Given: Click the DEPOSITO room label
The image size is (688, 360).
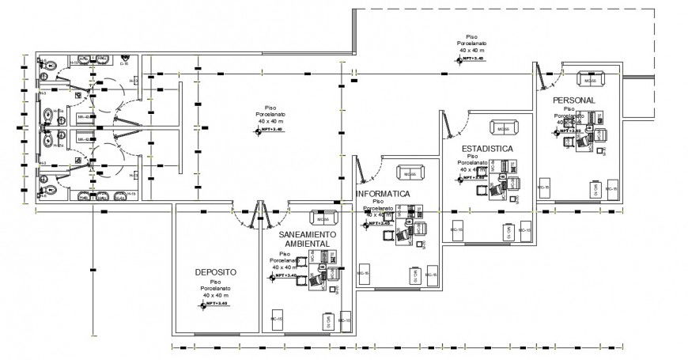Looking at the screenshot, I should coord(215,272).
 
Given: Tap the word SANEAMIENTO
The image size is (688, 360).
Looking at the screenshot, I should coord(308,235).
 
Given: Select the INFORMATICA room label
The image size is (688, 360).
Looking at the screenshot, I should coord(383,194).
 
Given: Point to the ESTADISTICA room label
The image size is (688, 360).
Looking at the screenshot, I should coord(488,149).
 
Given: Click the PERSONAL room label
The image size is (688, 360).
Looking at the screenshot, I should coord(573,100).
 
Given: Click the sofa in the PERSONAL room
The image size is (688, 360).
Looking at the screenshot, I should coord(590,80).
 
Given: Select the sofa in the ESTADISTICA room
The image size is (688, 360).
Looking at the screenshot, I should coord(503,127).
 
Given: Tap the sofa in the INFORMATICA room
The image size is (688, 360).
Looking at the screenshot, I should coord(409,174).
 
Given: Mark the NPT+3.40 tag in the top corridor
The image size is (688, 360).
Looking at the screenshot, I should coord(471,59).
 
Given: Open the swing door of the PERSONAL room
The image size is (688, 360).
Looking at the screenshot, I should coord(542,78).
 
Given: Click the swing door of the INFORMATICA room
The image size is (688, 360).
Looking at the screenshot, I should coord(362,169).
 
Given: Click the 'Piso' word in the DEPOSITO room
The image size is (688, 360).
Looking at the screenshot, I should coord(214,282).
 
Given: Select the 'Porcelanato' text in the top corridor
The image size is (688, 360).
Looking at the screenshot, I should coord(472,44).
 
